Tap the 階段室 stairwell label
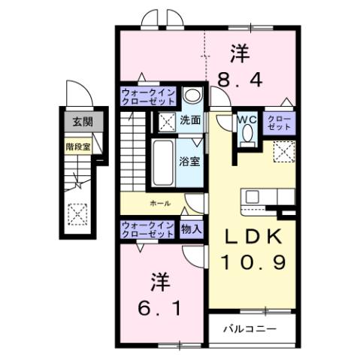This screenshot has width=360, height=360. click(x=77, y=147)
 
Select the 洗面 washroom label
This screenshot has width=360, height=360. click(x=189, y=120)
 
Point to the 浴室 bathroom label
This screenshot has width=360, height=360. click(x=189, y=161)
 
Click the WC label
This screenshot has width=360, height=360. click(x=246, y=119)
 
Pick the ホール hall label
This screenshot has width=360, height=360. click(x=159, y=203)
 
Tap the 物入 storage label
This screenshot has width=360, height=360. click(x=191, y=229)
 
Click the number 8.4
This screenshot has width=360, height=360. click(x=239, y=78)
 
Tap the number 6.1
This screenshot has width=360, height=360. click(x=158, y=308)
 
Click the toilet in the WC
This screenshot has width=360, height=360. click(x=246, y=136)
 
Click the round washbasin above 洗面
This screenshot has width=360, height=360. click(x=192, y=96)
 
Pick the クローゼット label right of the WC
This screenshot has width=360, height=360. click(x=275, y=123)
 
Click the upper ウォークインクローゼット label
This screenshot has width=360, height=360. click(x=147, y=97)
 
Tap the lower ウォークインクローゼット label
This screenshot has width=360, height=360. click(x=147, y=229)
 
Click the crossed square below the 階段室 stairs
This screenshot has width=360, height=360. click(x=77, y=216)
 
